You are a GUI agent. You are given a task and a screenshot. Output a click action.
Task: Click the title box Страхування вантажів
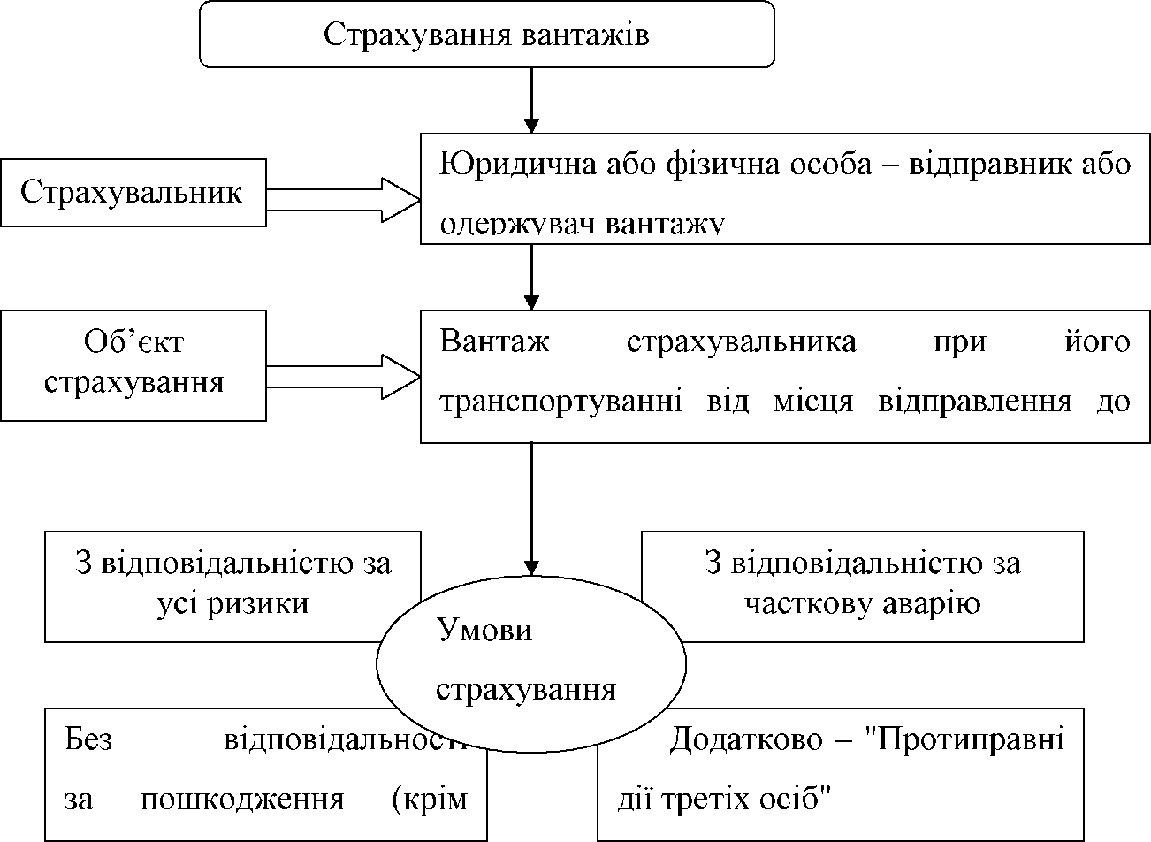click(x=487, y=34)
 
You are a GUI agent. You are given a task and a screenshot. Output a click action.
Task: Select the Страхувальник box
click(x=133, y=193)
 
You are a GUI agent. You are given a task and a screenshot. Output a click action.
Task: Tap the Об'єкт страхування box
click(x=133, y=364)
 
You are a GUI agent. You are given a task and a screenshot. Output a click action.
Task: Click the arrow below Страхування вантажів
click(x=531, y=99)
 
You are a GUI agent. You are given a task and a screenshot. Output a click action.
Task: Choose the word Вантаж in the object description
click(x=495, y=341)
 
